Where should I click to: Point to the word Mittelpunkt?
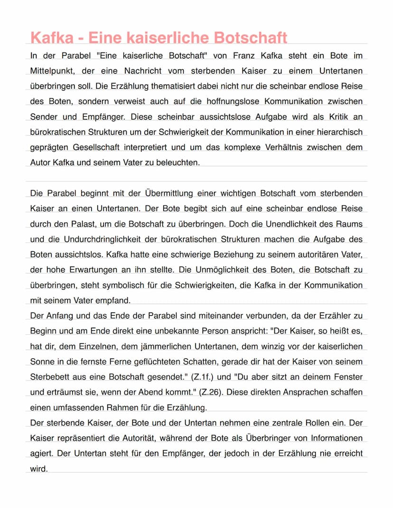[52, 71]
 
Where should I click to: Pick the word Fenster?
[348, 376]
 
